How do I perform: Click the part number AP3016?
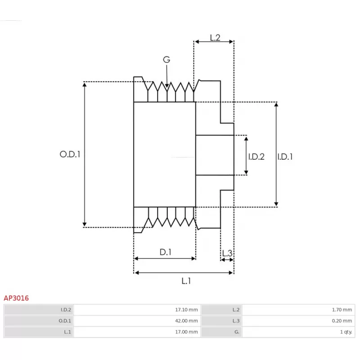point(16,298)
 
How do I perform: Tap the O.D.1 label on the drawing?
point(70,154)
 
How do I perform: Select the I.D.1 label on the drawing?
point(285,157)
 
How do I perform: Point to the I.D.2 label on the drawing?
point(256,157)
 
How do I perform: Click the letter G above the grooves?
point(166,59)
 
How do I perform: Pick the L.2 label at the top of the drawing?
point(215,38)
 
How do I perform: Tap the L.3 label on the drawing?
point(227,253)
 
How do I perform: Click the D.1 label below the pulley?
point(166,252)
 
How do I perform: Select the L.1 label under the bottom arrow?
point(186,281)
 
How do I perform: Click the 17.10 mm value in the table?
point(186,310)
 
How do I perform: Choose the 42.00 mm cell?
point(186,321)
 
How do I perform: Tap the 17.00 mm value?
point(186,332)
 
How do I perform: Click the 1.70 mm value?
point(342,310)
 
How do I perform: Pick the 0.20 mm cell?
point(342,321)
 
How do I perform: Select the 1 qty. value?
point(346,332)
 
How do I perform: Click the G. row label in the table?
point(237,332)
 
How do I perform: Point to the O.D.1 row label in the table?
point(65,321)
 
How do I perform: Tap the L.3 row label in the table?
point(236,321)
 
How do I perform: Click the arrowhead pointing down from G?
point(167,86)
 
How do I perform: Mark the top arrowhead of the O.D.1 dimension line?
point(85,85)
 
